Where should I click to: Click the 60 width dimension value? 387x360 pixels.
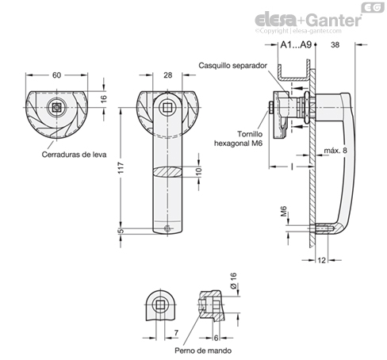pos(56,75)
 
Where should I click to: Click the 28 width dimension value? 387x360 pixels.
pos(167,75)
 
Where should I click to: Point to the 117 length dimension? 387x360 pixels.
pos(121,168)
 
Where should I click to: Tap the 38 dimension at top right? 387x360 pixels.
pos(335,45)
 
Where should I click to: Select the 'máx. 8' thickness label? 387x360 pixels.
pos(335,151)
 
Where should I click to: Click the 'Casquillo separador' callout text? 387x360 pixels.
pos(232,66)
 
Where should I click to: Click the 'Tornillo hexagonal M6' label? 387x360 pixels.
pos(238,139)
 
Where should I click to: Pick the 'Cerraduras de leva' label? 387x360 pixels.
pos(74,155)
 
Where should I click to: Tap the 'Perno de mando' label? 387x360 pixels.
pos(203,350)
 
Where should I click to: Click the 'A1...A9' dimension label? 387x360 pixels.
pos(296,45)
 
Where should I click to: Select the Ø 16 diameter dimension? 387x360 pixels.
pos(233,281)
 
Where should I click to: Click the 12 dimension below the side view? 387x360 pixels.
pos(321,260)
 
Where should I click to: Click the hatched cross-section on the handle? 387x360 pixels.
pos(167,172)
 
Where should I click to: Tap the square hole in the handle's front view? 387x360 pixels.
pos(167,108)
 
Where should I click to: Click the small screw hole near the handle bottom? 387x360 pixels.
pos(167,228)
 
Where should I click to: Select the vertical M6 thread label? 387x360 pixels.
pos(283,212)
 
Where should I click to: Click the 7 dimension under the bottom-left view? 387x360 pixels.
pos(176,332)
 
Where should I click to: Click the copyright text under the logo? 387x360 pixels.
pos(298,31)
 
